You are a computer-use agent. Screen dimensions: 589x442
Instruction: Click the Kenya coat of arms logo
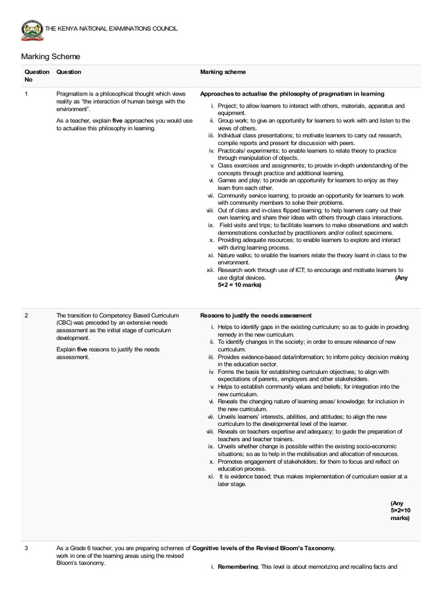click(32, 30)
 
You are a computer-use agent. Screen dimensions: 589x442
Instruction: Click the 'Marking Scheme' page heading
click(51, 56)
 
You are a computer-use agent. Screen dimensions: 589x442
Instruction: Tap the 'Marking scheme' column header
click(223, 72)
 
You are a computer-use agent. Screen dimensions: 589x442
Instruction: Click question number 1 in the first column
click(26, 94)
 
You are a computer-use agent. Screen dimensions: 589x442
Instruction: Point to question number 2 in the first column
click(26, 315)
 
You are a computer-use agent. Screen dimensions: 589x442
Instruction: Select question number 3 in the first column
click(26, 549)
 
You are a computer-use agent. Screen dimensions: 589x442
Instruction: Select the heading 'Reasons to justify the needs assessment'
click(256, 315)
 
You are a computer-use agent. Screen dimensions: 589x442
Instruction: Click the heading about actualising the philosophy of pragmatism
click(292, 94)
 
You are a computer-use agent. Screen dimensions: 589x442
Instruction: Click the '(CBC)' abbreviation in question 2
click(64, 323)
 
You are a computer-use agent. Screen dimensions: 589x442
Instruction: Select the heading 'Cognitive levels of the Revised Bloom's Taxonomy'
click(263, 549)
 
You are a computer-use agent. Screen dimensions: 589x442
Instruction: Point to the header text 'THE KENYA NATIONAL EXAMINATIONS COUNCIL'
click(112, 29)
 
